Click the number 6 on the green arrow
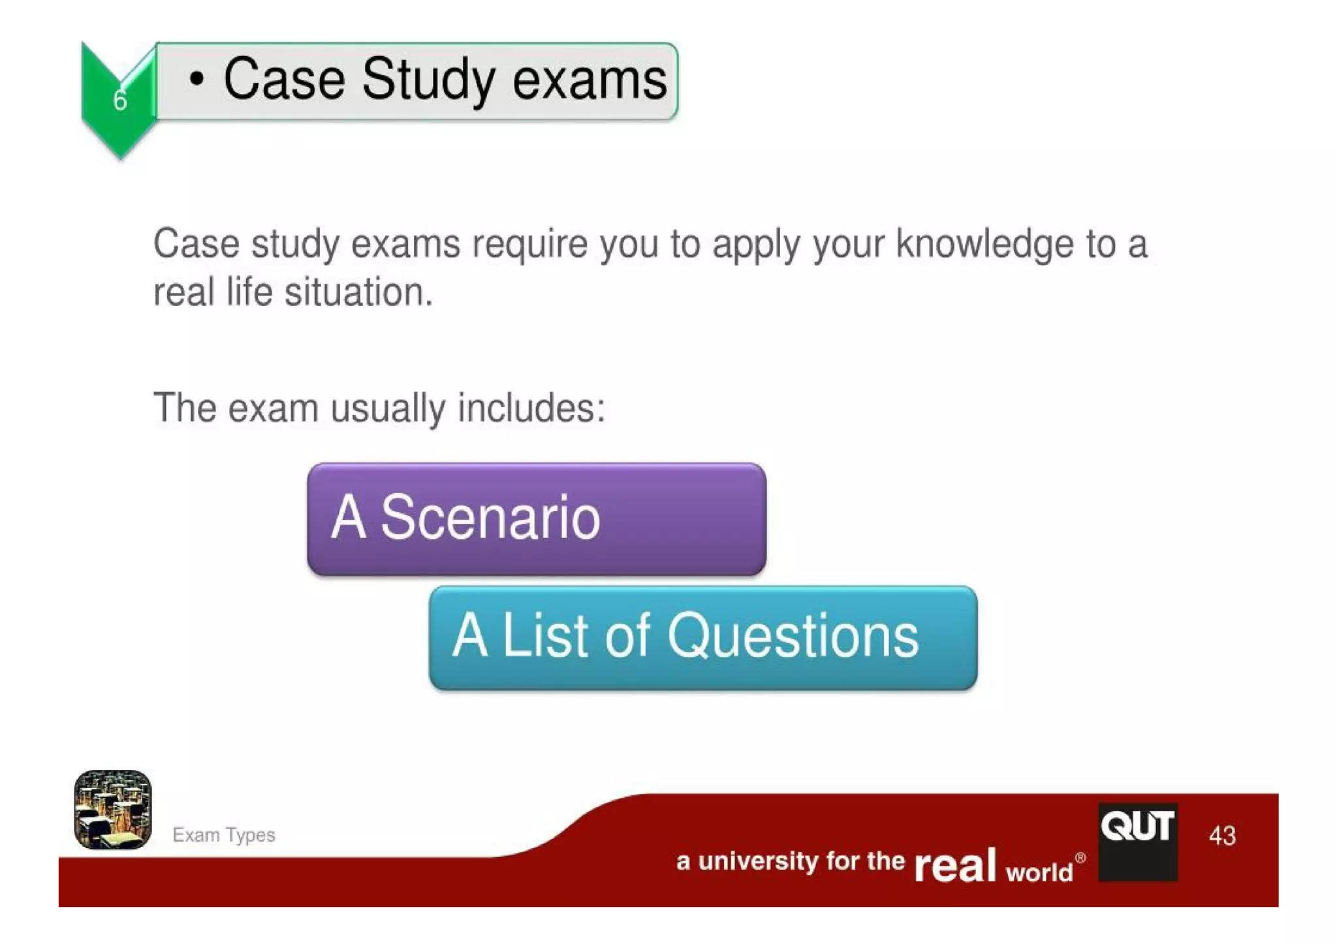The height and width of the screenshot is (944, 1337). pyautogui.click(x=120, y=100)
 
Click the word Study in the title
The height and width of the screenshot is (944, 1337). pyautogui.click(x=428, y=80)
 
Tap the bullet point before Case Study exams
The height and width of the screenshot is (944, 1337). pyautogui.click(x=196, y=80)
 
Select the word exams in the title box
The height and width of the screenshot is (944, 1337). pyautogui.click(x=590, y=80)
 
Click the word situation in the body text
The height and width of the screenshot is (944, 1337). pyautogui.click(x=358, y=292)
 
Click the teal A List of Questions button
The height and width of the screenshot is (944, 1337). pyautogui.click(x=702, y=637)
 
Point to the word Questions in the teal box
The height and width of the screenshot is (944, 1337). pyautogui.click(x=793, y=636)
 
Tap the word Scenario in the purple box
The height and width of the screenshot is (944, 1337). pyautogui.click(x=490, y=518)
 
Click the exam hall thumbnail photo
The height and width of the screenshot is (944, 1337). pyautogui.click(x=113, y=809)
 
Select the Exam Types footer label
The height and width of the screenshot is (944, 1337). pyautogui.click(x=223, y=835)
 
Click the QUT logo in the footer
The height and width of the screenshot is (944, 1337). pyautogui.click(x=1137, y=842)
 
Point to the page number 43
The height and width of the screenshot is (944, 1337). pyautogui.click(x=1222, y=836)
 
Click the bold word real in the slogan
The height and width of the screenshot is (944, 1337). pyautogui.click(x=954, y=866)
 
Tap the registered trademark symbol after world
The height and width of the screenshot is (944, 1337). pyautogui.click(x=1080, y=857)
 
